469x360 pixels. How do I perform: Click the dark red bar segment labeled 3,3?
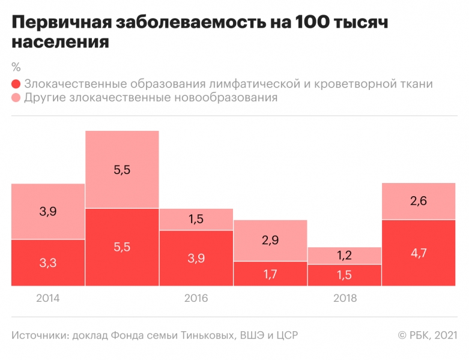[48, 263]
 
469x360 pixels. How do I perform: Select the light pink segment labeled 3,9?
[48, 211]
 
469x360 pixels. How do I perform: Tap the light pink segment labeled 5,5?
[122, 169]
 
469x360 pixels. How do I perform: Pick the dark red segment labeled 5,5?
[122, 247]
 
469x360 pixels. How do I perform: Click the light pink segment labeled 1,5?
[196, 219]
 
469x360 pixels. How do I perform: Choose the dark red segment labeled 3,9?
[196, 257]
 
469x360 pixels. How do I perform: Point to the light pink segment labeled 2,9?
[270, 241]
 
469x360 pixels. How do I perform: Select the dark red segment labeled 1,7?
[270, 274]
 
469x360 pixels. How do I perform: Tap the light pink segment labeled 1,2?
[344, 256]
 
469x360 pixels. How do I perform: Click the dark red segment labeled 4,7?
[418, 253]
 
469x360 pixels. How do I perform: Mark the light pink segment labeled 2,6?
[418, 201]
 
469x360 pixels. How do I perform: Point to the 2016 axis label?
[196, 298]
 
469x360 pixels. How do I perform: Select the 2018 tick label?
[344, 298]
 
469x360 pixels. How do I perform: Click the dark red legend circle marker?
[16, 84]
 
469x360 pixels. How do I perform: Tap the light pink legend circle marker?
[16, 98]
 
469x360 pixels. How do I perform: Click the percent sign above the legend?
[16, 66]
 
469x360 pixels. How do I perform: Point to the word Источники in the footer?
[38, 334]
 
